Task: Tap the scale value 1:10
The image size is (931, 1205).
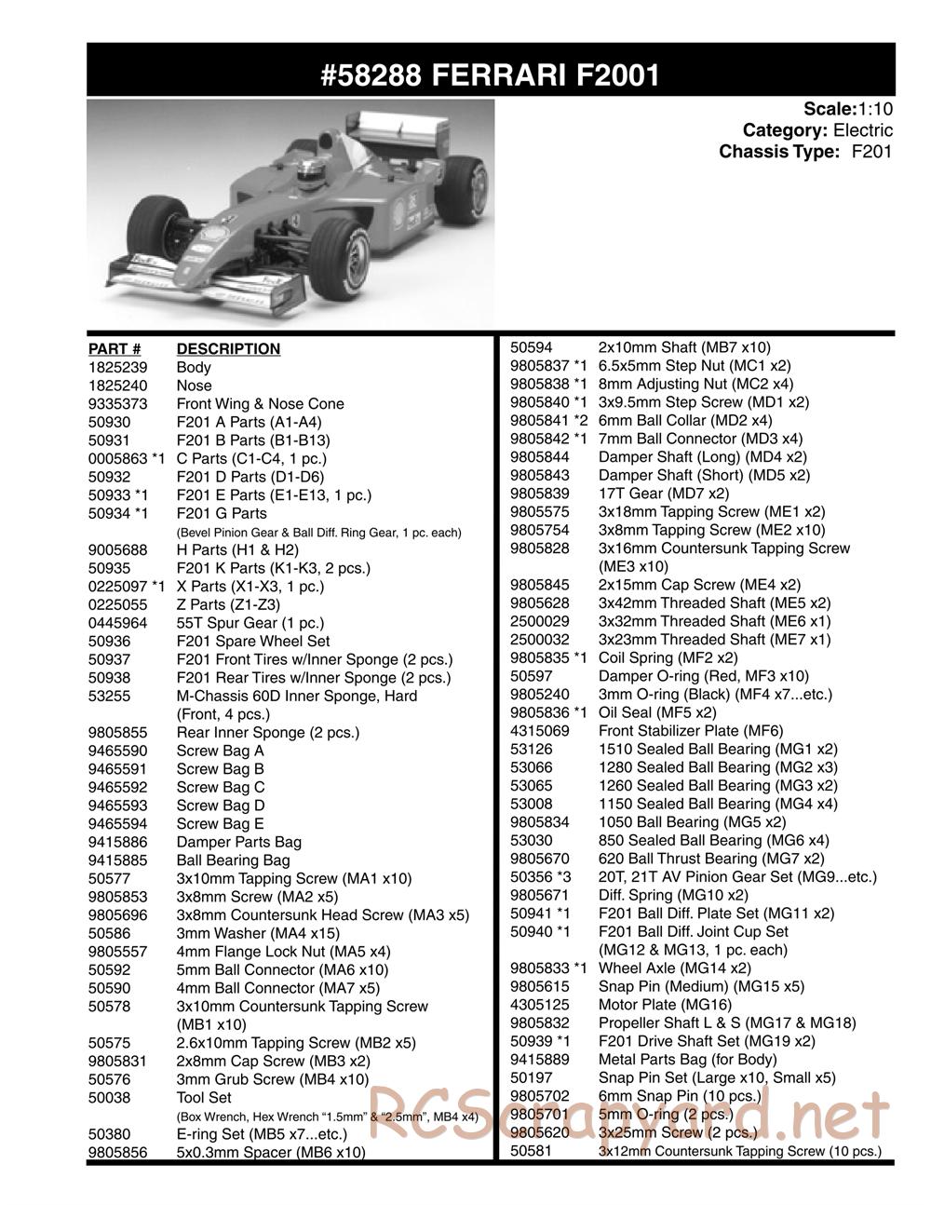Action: click(875, 110)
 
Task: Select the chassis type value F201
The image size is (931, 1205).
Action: click(872, 151)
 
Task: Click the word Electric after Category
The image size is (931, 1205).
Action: click(862, 130)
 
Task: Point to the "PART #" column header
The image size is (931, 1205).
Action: click(115, 349)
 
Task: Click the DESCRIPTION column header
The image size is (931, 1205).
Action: click(228, 349)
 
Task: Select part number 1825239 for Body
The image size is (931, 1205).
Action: click(115, 367)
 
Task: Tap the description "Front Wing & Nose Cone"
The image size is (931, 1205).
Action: click(260, 403)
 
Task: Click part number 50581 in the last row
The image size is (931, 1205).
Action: click(532, 1151)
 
